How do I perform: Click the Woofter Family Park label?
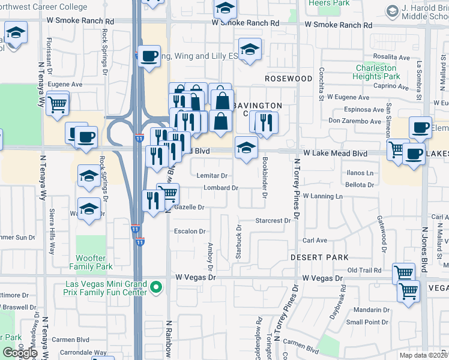(91, 262)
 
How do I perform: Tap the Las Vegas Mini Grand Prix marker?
(156, 287)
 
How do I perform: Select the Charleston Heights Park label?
(376, 72)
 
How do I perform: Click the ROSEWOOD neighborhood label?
(289, 79)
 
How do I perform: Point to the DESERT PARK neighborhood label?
(319, 257)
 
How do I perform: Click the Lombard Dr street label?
(221, 188)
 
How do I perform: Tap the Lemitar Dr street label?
(212, 176)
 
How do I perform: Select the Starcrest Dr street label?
(274, 220)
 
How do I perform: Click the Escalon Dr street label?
(190, 231)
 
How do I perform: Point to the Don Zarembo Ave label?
(354, 121)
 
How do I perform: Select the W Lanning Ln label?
(322, 196)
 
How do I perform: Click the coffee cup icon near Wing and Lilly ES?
(149, 56)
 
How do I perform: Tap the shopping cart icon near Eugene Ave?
(57, 104)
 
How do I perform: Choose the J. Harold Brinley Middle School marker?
(393, 11)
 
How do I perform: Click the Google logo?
(20, 353)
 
